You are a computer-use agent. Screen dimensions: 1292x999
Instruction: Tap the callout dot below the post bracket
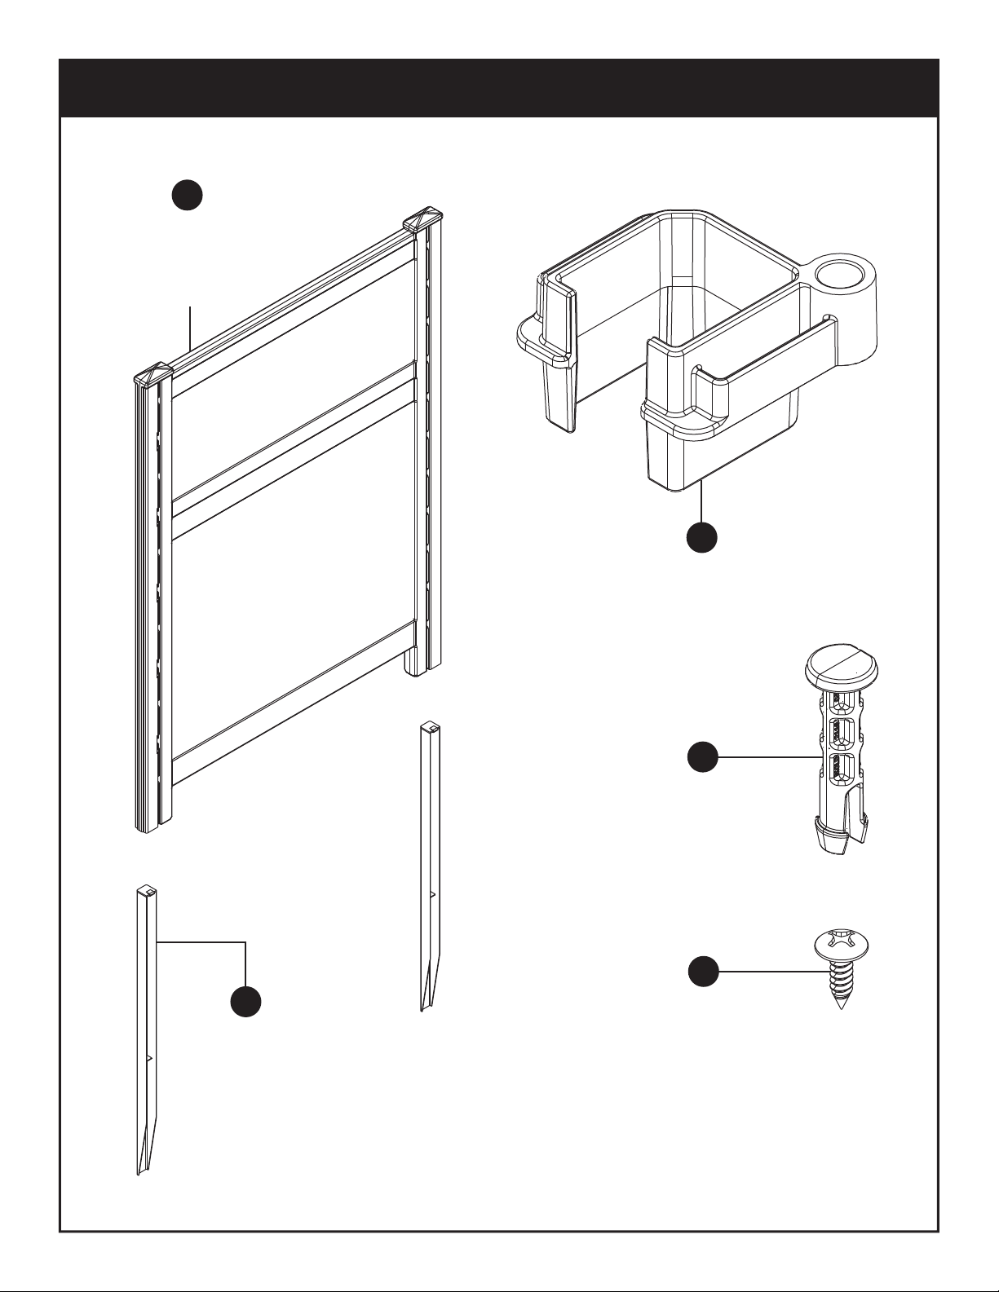click(x=701, y=537)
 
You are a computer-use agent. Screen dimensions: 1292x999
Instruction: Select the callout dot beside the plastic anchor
click(x=701, y=758)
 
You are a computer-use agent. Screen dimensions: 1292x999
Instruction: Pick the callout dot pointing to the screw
click(x=701, y=972)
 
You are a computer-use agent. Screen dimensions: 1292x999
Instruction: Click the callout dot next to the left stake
click(x=245, y=1002)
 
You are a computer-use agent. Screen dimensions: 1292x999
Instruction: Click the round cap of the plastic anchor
click(x=842, y=668)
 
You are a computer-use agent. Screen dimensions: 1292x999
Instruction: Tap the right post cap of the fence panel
click(x=422, y=218)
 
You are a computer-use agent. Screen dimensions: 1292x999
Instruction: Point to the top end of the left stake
click(x=146, y=889)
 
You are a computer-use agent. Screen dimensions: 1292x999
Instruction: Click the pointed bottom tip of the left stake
click(x=139, y=1171)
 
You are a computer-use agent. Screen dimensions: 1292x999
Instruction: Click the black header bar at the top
click(x=499, y=88)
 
